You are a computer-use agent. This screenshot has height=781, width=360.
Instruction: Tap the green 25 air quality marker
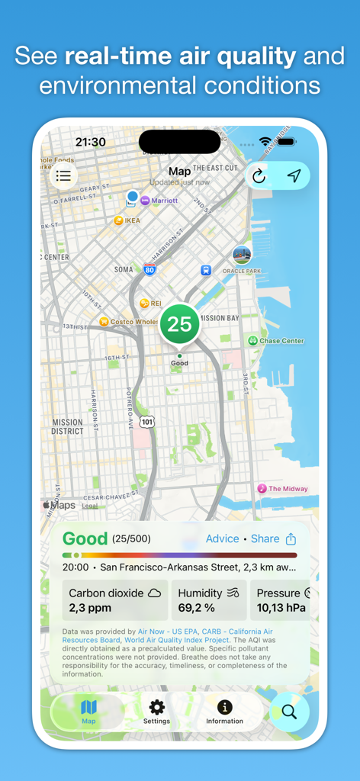(x=179, y=324)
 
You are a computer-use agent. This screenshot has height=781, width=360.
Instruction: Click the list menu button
(x=63, y=176)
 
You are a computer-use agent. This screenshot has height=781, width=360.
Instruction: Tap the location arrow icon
(x=294, y=176)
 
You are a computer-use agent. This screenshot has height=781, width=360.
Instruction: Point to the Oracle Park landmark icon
(x=242, y=255)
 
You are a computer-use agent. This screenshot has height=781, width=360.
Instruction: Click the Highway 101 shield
(x=147, y=421)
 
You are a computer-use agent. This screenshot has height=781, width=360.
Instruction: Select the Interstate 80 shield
(x=149, y=269)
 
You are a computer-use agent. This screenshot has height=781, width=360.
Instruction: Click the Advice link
(x=222, y=538)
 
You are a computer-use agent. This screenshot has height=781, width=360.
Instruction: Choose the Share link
(x=265, y=538)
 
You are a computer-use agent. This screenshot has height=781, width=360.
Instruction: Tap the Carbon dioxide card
(x=115, y=600)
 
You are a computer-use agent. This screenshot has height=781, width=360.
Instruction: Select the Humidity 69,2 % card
(x=208, y=600)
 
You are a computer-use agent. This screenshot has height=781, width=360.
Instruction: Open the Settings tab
(x=156, y=712)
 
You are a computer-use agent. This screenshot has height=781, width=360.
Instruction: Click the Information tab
(x=224, y=712)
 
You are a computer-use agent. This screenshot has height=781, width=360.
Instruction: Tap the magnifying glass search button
(x=289, y=712)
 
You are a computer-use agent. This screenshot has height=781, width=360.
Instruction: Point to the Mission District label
(x=68, y=426)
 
